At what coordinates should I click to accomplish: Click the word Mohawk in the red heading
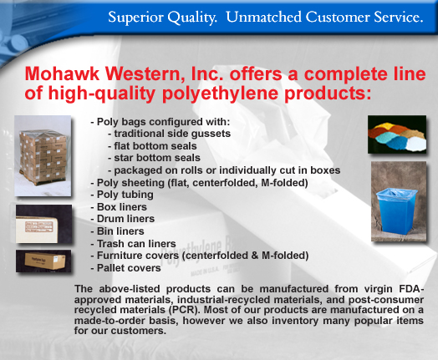pos(63,74)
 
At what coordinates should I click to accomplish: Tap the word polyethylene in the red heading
pos(220,94)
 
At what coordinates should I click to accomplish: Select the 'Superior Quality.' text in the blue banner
pos(162,18)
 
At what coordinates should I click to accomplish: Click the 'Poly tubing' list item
pos(122,195)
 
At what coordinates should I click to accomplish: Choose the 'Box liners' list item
pos(119,207)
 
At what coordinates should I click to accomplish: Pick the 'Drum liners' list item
pos(123,219)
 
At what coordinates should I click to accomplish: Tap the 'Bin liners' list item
pos(117,231)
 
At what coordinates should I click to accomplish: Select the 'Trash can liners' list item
pos(133,244)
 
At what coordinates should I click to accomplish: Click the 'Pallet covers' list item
pos(125,268)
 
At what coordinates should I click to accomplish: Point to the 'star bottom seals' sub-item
pos(154,158)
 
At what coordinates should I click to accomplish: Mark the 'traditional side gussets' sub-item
pos(170,134)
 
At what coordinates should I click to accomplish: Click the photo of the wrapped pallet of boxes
pos(43,155)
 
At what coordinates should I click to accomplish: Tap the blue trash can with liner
pos(396,210)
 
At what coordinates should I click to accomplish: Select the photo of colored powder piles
pos(397,134)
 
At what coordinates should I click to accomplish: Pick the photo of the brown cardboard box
pos(43,261)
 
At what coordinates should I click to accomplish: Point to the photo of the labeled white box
pos(43,224)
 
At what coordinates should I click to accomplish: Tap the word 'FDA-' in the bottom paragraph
pos(411,289)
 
